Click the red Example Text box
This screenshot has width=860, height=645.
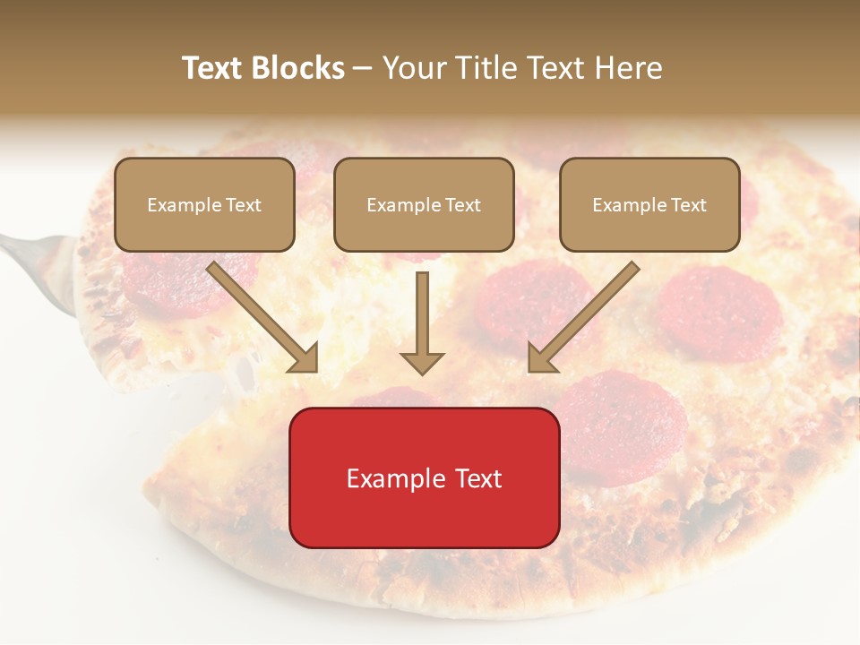pyautogui.click(x=424, y=477)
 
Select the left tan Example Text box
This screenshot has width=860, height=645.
pyautogui.click(x=204, y=204)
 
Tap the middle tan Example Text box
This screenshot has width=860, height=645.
pyautogui.click(x=424, y=204)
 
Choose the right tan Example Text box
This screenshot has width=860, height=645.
pyautogui.click(x=649, y=204)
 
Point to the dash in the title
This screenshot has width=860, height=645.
pyautogui.click(x=363, y=67)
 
